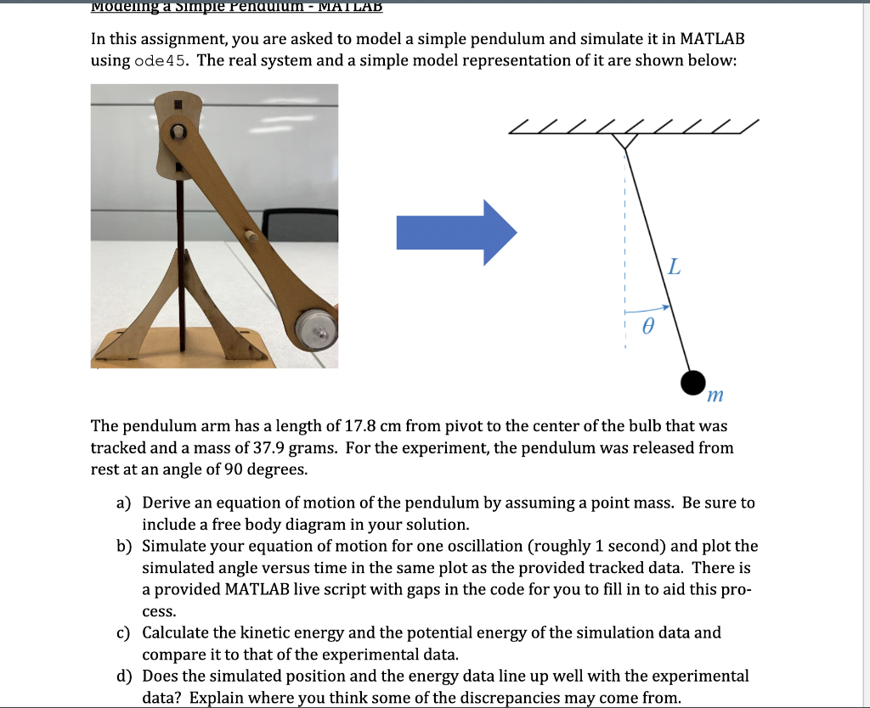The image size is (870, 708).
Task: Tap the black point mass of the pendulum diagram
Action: pos(694,383)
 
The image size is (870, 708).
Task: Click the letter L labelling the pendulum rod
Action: pos(674,268)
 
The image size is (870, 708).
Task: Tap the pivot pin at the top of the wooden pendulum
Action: pos(178,133)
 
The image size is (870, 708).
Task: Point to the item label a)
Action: pos(124,503)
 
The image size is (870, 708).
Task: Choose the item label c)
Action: pos(124,632)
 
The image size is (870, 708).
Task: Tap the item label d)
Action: pos(124,676)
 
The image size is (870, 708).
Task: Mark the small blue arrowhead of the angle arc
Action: pos(667,307)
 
